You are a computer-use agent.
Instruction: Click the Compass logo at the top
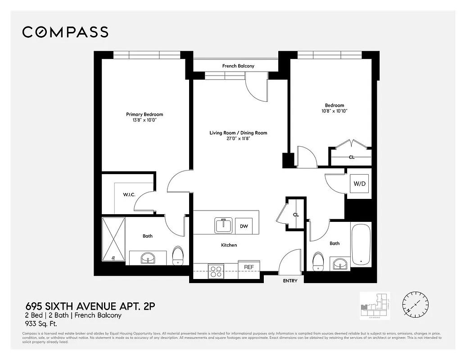click(x=65, y=32)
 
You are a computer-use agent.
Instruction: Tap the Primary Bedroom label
click(x=145, y=114)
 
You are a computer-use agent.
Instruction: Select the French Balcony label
click(x=238, y=66)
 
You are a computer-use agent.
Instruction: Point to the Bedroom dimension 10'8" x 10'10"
click(x=335, y=111)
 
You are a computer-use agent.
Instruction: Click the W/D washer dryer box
click(x=359, y=184)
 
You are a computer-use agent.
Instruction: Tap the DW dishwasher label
click(x=243, y=226)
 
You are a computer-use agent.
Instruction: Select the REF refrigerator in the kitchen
click(x=249, y=267)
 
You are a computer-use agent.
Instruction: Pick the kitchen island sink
click(x=223, y=225)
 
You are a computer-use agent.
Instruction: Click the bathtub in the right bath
click(x=361, y=244)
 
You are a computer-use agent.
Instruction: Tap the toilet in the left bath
click(x=178, y=255)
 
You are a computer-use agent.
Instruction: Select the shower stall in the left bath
click(x=113, y=239)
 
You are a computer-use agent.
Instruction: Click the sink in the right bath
click(x=340, y=264)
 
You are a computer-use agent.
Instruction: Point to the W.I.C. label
click(x=130, y=195)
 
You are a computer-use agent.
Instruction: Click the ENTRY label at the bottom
click(x=290, y=281)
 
